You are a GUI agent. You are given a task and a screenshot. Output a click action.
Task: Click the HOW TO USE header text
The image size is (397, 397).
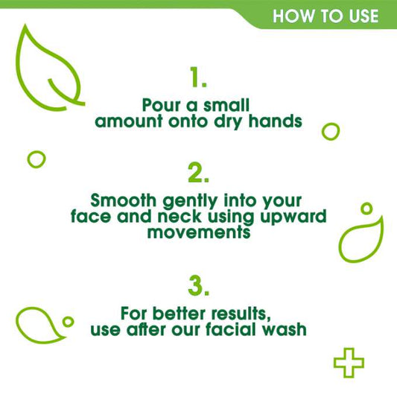point(325,16)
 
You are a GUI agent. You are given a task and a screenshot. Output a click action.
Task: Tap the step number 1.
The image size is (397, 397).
point(198,77)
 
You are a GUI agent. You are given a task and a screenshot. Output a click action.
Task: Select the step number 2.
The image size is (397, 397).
point(198,173)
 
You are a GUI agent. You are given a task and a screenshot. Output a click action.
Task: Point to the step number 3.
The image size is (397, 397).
point(198,285)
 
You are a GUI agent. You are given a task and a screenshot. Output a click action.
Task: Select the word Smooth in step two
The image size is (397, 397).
point(123,200)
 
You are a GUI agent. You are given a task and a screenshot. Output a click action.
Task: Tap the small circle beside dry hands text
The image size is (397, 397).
point(330,131)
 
